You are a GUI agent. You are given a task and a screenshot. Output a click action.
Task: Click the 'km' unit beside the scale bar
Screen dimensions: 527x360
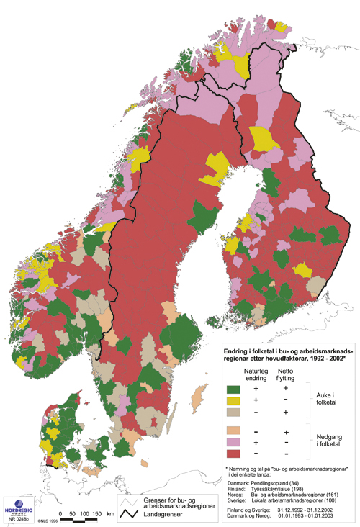click(x=111, y=514)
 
